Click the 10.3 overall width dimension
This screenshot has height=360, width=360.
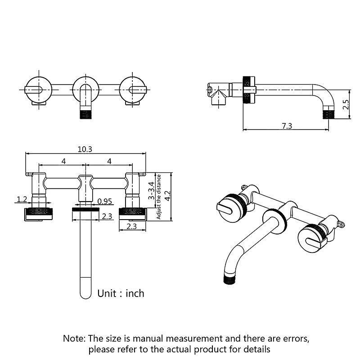[85, 149]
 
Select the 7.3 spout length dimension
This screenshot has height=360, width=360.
[287, 126]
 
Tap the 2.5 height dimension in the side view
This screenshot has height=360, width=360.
[346, 105]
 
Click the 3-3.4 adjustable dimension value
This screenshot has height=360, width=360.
[152, 191]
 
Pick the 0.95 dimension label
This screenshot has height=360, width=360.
[104, 201]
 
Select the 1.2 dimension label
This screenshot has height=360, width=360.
[22, 199]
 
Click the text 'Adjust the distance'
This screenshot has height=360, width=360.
[159, 197]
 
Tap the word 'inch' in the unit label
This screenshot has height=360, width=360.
[135, 293]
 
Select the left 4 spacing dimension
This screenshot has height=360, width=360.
[63, 161]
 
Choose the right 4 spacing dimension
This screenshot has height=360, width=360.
[109, 161]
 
